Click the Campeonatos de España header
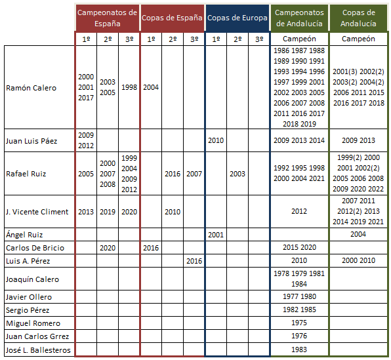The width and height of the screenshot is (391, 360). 107,18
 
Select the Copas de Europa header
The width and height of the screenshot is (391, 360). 237,18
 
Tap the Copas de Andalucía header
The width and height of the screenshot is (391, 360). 358,18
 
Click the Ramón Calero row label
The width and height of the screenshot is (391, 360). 31,88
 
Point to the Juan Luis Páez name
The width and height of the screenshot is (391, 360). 31,141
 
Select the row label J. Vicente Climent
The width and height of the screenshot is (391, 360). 37,212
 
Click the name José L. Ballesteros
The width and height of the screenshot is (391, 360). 38,350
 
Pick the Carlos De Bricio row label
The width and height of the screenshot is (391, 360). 35,248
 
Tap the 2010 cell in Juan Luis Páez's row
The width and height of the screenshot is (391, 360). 216,140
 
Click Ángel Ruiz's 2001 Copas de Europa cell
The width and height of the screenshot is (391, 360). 216,235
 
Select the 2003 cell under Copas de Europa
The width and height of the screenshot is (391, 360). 237,174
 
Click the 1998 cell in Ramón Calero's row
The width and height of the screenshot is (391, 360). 129,87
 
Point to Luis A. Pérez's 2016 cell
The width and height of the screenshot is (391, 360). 194,261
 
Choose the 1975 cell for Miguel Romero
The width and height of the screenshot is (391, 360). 299,323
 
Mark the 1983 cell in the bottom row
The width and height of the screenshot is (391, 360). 299,350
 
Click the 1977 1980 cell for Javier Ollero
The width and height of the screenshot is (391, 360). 300,296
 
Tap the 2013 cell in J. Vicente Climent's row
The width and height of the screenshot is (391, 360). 86,212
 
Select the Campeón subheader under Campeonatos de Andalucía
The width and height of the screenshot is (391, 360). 299,39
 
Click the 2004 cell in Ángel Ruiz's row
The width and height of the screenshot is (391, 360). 358,234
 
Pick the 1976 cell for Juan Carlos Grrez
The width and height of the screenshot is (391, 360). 299,336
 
